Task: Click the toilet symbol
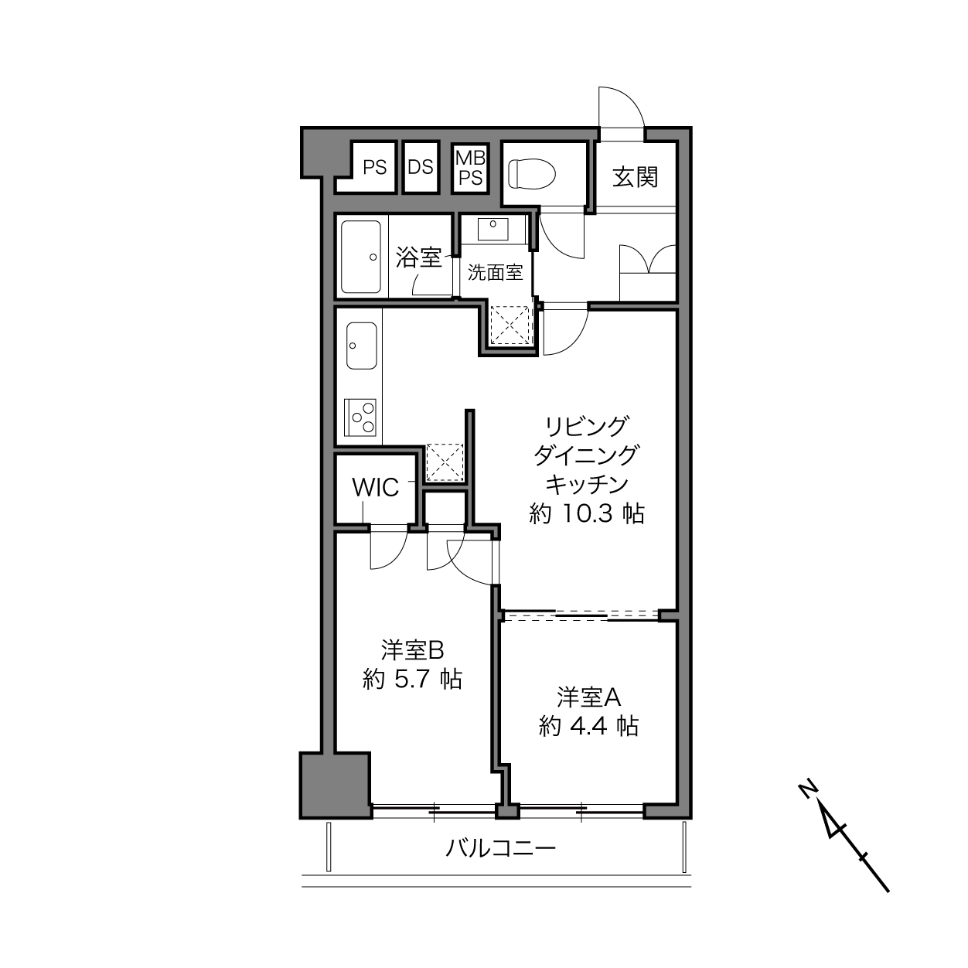[531, 174]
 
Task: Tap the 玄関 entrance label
[635, 177]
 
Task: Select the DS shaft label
[421, 167]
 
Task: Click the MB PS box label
[470, 168]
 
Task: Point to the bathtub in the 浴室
[360, 257]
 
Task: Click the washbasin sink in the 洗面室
[493, 229]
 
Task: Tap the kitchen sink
[361, 346]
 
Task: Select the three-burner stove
[360, 417]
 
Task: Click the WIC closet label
[376, 487]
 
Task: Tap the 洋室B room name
[412, 650]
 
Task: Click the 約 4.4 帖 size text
[588, 726]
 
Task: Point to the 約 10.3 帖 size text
[586, 513]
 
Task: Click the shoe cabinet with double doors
[647, 272]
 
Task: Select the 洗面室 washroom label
[496, 273]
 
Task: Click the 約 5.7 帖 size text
[412, 680]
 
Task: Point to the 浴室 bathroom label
[418, 257]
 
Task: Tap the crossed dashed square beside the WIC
[445, 462]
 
